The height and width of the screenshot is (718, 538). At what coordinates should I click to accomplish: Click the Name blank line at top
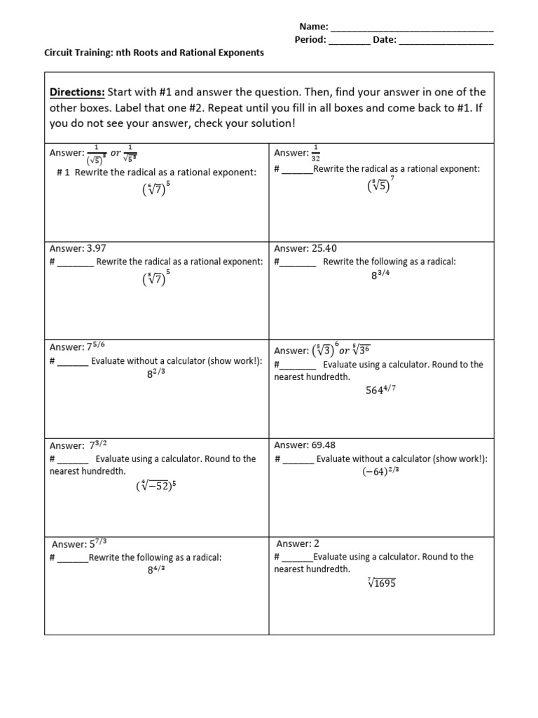pyautogui.click(x=411, y=28)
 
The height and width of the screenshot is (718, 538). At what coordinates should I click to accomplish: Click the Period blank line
pyautogui.click(x=349, y=41)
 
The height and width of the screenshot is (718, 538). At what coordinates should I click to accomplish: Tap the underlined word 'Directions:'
pyautogui.click(x=76, y=93)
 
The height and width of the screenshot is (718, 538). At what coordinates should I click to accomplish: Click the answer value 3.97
pyautogui.click(x=96, y=248)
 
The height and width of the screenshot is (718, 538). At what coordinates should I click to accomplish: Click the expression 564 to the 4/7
pyautogui.click(x=382, y=391)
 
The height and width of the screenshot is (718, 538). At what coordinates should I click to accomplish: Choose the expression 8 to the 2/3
pyautogui.click(x=156, y=374)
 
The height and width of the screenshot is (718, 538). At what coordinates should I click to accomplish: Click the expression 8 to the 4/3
pyautogui.click(x=156, y=570)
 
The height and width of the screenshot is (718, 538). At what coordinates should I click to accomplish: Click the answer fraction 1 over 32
pyautogui.click(x=315, y=152)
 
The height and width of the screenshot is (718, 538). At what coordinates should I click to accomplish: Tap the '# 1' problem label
pyautogui.click(x=64, y=172)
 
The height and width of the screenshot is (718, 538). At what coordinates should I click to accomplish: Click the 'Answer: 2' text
pyautogui.click(x=298, y=543)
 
